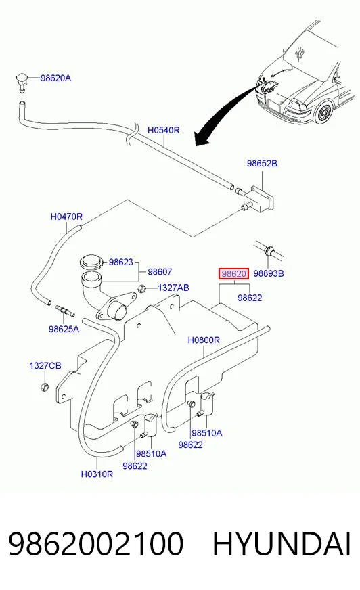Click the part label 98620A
pos(55,78)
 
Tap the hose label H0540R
pos(163,130)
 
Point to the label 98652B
pos(262,163)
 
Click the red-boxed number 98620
pos(233,273)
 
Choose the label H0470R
pos(66,217)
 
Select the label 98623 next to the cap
pos(120,262)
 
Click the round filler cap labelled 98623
pos(92,262)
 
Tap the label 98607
pos(160,272)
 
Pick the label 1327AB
pos(173,288)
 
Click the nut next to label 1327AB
pos(143,290)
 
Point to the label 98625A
pos(64,330)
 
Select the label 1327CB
pos(45,366)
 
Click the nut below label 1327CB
pos(45,386)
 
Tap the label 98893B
pos(268,273)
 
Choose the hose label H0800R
pos(204,340)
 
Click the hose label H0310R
pos(97,474)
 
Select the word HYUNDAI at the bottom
pos(282,544)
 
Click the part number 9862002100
pos(96,544)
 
